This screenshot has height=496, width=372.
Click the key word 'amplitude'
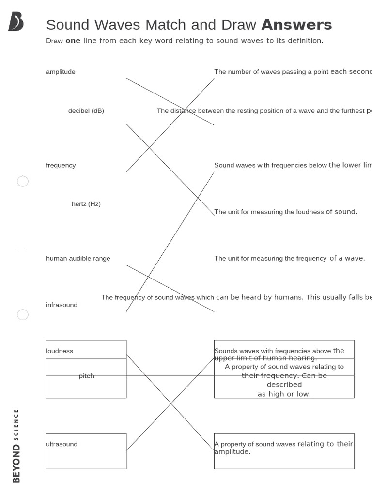(61, 72)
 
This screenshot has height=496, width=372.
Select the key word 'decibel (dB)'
(86, 111)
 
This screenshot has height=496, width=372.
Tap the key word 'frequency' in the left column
(61, 165)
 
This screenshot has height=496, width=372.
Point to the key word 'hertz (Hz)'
(86, 204)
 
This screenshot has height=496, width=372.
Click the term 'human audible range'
(78, 258)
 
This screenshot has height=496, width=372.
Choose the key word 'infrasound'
(62, 305)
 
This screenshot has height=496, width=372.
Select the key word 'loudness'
(60, 351)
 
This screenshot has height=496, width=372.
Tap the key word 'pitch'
(86, 376)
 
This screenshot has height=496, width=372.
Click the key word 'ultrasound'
(62, 444)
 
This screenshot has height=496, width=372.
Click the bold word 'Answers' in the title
(296, 25)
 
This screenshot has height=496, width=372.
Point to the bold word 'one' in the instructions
(73, 41)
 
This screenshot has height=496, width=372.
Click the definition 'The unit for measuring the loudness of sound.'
(286, 212)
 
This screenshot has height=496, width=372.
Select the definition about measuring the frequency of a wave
(290, 258)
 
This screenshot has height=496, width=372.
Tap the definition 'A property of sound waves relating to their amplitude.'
(283, 448)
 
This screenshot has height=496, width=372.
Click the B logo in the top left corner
(15, 22)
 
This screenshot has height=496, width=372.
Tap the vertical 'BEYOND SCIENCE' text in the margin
(16, 446)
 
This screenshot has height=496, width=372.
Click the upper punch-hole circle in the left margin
(23, 181)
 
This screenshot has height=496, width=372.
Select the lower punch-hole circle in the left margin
(23, 315)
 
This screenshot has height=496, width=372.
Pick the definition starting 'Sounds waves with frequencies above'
(279, 354)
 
